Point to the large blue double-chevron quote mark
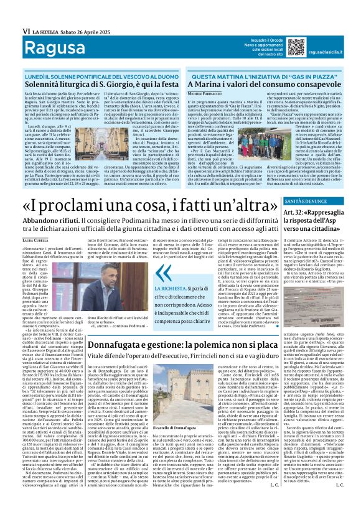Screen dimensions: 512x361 pyautogui.click(x=164, y=273)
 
